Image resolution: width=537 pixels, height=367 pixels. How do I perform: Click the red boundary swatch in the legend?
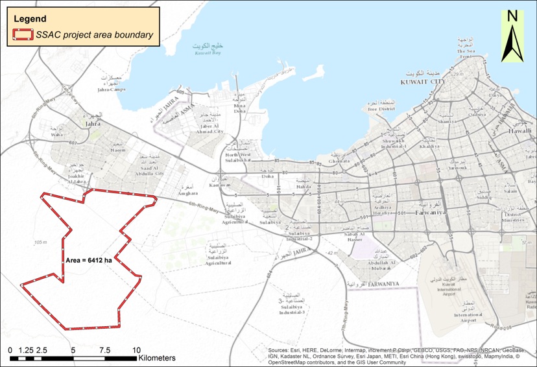point(23,35)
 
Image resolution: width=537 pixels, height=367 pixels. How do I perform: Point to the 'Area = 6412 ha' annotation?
point(89,260)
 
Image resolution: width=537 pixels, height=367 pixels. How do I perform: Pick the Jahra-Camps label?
point(111,89)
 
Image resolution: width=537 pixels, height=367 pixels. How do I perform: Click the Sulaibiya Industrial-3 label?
point(291,308)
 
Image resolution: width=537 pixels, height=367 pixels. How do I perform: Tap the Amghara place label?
point(187,193)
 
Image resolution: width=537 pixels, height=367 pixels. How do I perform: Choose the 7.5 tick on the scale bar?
point(104,350)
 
